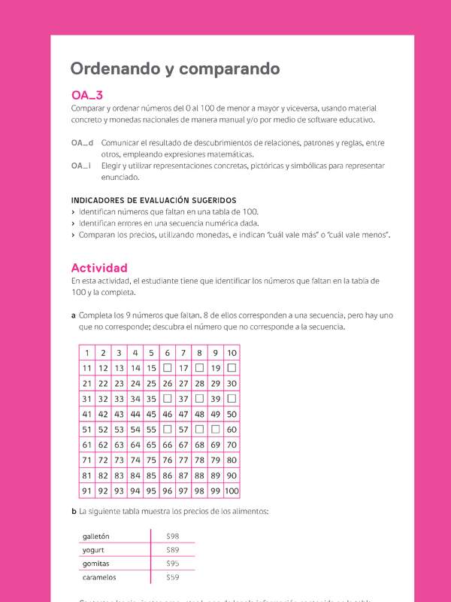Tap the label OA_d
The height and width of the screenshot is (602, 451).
pyautogui.click(x=82, y=142)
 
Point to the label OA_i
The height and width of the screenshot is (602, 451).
pyautogui.click(x=81, y=166)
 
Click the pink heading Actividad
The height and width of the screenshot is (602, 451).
pyautogui.click(x=99, y=268)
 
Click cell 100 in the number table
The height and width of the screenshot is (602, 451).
pyautogui.click(x=232, y=491)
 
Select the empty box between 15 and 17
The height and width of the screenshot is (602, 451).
pyautogui.click(x=167, y=368)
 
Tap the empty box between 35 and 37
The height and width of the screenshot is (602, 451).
pyautogui.click(x=167, y=399)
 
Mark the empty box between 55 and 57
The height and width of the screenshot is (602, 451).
pyautogui.click(x=167, y=430)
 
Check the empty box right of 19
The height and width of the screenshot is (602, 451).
pyautogui.click(x=232, y=368)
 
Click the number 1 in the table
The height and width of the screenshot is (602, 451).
pyautogui.click(x=87, y=353)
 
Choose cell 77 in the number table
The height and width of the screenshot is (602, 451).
pyautogui.click(x=183, y=461)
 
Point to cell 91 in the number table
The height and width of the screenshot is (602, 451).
pyautogui.click(x=87, y=491)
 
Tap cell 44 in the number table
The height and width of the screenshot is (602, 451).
pyautogui.click(x=135, y=415)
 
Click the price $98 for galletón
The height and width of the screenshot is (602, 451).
pyautogui.click(x=173, y=536)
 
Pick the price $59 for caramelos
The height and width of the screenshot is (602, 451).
pyautogui.click(x=173, y=577)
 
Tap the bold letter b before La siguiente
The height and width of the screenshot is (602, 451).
pyautogui.click(x=74, y=512)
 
